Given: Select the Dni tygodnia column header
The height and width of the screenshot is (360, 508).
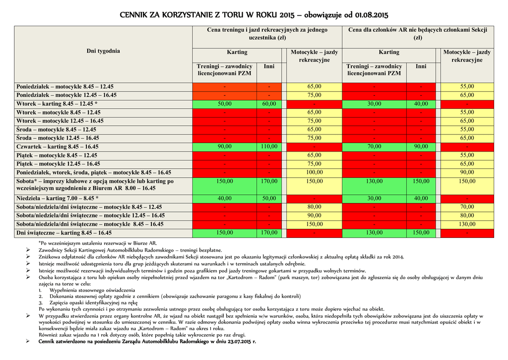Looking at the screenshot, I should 103,51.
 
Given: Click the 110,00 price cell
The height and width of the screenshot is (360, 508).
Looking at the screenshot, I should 269,146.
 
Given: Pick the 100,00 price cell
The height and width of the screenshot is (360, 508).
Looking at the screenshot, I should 315,172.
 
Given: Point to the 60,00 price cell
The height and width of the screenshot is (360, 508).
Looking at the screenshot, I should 269,104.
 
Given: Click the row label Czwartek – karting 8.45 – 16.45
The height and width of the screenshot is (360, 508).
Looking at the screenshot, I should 58,146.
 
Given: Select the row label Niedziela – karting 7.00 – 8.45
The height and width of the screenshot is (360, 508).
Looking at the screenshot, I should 57,198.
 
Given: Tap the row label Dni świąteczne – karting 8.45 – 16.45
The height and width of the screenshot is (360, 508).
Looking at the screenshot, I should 64,232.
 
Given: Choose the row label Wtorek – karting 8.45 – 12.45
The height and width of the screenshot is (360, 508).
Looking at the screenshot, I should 57,104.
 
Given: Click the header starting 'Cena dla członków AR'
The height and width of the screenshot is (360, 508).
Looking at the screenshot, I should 418,33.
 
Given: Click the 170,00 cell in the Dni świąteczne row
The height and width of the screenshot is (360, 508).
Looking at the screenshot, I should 269,232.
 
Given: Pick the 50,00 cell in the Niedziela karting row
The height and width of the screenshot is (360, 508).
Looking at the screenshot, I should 269,198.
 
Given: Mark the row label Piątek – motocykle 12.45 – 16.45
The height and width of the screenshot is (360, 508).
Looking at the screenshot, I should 58,164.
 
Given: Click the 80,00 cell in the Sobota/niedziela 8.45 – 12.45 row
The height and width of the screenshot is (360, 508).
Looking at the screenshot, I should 315,207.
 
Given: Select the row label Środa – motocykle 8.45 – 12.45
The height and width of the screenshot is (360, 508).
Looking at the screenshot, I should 56,130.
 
